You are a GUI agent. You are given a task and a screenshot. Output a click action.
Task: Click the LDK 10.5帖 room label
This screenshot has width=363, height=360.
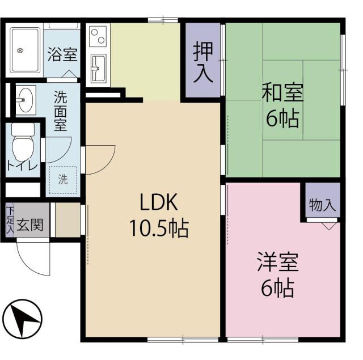pos(158,215)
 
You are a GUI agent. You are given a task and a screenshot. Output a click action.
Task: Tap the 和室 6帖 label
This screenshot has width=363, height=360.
pos(282,105)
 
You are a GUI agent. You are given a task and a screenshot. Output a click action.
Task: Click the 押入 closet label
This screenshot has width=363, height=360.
pos(202,61)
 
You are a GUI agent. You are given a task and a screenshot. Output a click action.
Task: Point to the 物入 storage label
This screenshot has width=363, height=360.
pos(322,205)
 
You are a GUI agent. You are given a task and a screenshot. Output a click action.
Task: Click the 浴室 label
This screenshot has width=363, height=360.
pos(62,55)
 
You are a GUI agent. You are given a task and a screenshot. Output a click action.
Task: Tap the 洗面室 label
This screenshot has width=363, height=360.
pos(61,111)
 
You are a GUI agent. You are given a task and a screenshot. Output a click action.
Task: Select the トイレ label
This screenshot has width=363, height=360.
pos(23,166)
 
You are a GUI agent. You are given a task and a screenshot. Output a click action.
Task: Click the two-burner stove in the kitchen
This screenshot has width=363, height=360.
pos(97,36)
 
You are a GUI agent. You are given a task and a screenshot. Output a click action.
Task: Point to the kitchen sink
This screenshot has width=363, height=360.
pos(97,67)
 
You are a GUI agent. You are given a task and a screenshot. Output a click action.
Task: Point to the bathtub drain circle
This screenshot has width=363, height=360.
pos(20,52)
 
